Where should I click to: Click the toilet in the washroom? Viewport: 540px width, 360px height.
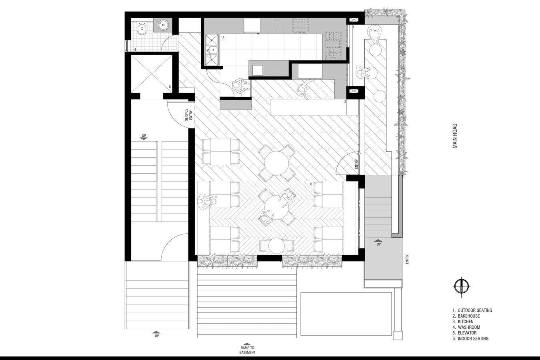coord(142,28)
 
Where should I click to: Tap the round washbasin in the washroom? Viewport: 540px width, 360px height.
coord(163,24)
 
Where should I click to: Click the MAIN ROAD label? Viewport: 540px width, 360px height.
coord(455,136)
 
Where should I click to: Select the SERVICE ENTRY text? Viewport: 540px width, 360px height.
coord(188,115)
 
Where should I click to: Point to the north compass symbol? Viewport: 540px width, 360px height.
coord(462,287)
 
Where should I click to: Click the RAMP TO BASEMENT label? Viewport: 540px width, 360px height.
coord(247,350)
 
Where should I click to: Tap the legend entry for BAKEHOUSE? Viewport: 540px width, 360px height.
coord(466,316)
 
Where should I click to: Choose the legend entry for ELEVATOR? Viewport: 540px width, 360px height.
coord(464,333)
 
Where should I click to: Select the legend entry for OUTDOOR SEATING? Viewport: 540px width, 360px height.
coord(472,310)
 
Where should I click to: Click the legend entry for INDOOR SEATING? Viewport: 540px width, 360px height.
coord(470,338)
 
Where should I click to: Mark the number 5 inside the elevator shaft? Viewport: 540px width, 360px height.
coord(170,86)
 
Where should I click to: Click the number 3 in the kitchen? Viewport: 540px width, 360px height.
coord(224,38)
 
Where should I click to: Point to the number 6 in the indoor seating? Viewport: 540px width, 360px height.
coord(311,184)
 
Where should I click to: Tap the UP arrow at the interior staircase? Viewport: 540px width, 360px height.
coord(144,137)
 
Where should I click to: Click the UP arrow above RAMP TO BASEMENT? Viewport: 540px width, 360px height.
coord(247,344)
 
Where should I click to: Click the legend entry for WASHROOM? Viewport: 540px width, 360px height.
coord(466,327)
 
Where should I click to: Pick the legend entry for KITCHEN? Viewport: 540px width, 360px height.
coord(463,322)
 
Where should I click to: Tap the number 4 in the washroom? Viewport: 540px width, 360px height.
coord(135,50)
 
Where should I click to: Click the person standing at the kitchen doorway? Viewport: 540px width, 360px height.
coord(240,86)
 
